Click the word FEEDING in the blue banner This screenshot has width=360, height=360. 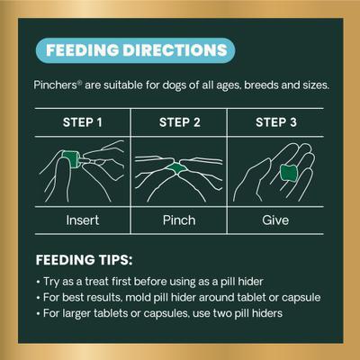(x=83, y=50)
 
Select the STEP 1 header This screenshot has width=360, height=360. (x=83, y=122)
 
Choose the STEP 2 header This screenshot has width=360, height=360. (x=179, y=122)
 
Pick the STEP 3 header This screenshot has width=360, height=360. (x=276, y=122)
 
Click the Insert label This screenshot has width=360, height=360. (x=83, y=220)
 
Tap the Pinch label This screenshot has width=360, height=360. (x=179, y=220)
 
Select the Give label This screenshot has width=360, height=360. (x=275, y=220)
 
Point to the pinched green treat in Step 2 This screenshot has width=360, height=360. (x=177, y=168)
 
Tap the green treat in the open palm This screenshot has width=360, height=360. (x=289, y=173)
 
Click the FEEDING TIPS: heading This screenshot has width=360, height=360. (x=84, y=260)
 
